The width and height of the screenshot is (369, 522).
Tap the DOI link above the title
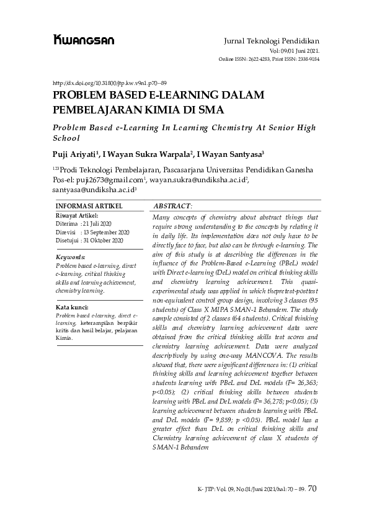pyautogui.click(x=110, y=82)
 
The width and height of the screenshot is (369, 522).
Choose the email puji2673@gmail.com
pyautogui.click(x=109, y=180)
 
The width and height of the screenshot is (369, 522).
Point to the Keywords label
pyautogui.click(x=71, y=257)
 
